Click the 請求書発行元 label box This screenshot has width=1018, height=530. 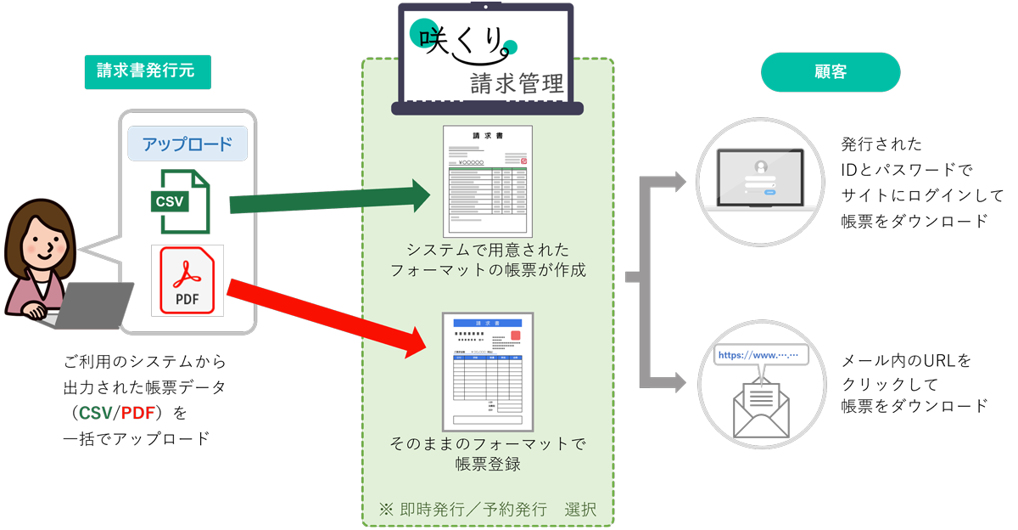147,71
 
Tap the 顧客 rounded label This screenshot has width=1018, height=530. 830,72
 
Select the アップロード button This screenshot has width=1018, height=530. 187,144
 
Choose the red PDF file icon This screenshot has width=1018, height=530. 187,280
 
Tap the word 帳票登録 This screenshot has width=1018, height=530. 487,465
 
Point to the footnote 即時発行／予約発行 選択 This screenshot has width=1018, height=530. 488,510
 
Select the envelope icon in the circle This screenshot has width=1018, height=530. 761,408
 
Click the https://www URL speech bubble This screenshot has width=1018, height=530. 761,355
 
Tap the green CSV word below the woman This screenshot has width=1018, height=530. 96,414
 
